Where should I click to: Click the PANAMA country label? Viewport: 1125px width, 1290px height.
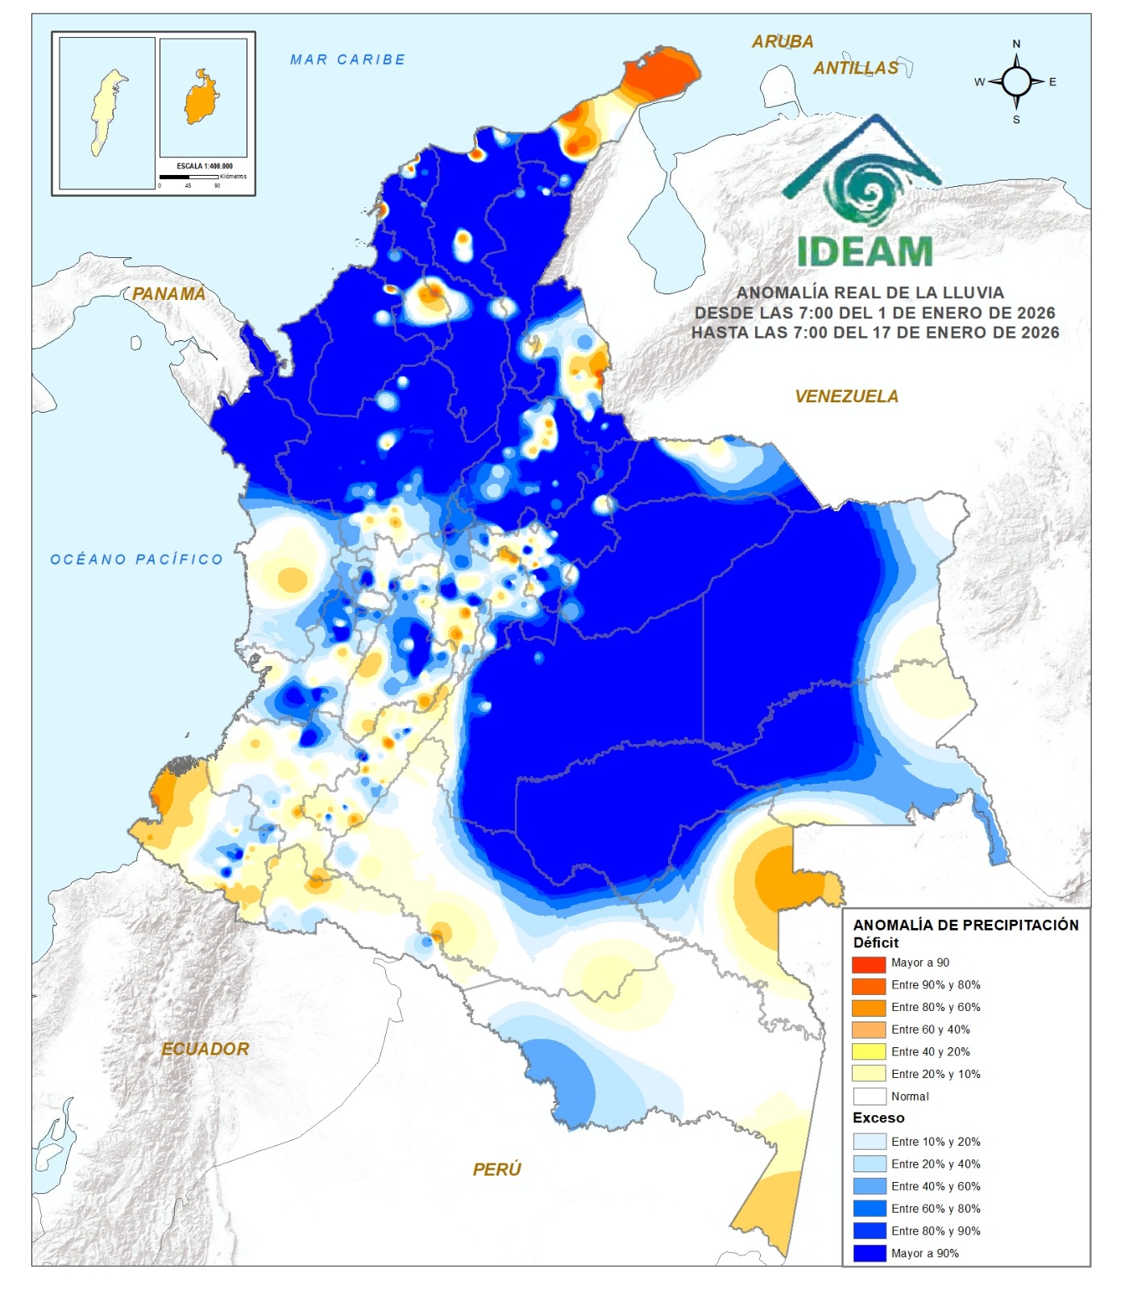tap(168, 294)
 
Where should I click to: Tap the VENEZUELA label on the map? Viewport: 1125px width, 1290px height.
tap(846, 397)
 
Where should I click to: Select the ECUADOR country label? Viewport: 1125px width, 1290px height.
tap(205, 1049)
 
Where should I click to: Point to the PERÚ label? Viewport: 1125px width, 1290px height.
tap(496, 1169)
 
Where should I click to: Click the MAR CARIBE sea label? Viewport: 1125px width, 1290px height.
tap(347, 60)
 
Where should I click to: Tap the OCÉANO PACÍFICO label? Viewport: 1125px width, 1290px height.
tap(136, 560)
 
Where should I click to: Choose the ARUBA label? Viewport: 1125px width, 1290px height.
tap(782, 42)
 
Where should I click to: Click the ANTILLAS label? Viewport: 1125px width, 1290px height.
tap(855, 69)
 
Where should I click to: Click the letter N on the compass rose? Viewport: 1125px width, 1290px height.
tap(1016, 44)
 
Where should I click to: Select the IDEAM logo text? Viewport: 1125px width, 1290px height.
tap(865, 252)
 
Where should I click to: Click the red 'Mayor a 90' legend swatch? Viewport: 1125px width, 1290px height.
tap(868, 963)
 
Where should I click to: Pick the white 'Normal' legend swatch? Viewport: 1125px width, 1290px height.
tap(868, 1097)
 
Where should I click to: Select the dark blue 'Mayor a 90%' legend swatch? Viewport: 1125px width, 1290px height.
tap(868, 1254)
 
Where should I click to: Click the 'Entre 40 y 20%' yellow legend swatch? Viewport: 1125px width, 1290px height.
tap(868, 1052)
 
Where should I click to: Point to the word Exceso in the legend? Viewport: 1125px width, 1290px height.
tap(878, 1118)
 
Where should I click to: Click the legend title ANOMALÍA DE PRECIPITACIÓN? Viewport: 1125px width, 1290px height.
tap(965, 926)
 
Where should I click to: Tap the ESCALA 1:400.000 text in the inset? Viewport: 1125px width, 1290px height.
tap(205, 166)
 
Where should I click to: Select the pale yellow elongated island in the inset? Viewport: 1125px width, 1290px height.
tap(106, 113)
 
